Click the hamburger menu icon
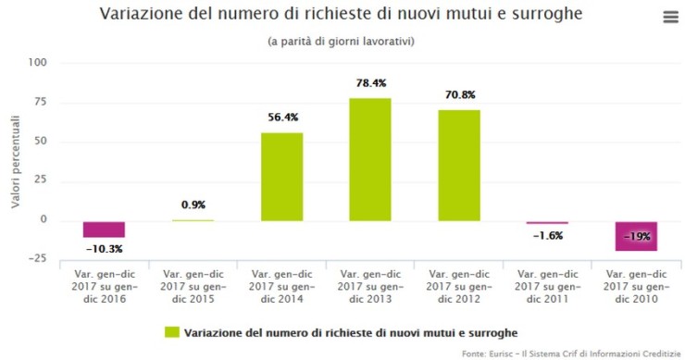670,18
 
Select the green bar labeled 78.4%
370,159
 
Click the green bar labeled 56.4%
281,177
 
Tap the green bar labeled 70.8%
459,165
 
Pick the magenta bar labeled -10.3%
104,230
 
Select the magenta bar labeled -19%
636,236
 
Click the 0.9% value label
193,205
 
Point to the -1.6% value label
548,236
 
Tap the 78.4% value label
370,83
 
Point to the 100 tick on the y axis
38,63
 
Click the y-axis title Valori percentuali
16,160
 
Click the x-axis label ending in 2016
104,287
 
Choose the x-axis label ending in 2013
370,287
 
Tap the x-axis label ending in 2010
636,287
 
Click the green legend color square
171,330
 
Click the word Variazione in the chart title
142,16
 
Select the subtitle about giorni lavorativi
341,42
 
